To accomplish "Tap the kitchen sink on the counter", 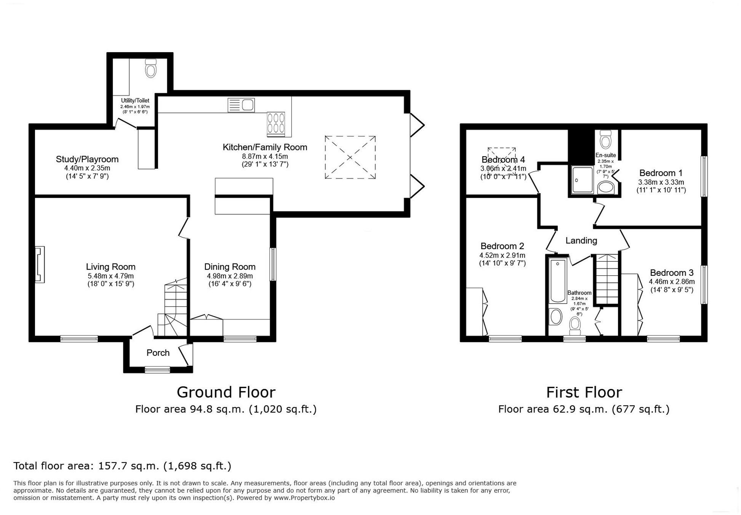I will [241, 105].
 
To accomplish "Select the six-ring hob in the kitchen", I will [275, 123].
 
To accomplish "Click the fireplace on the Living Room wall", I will [40, 264].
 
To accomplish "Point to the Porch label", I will [158, 353].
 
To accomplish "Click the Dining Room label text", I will [229, 267].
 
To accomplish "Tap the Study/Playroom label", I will [87, 159].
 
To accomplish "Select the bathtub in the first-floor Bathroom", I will [558, 280].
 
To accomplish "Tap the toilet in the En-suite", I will [605, 140].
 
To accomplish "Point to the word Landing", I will [581, 240].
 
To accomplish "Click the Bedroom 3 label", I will [671, 273].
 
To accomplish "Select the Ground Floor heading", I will [226, 392].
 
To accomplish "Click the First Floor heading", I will [584, 392].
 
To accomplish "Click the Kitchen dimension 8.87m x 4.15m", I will [265, 156].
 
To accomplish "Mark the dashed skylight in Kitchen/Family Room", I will [350, 157].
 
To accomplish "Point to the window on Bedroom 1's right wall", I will [704, 176].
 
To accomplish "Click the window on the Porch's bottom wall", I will [157, 369].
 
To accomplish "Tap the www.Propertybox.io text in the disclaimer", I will [304, 498].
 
